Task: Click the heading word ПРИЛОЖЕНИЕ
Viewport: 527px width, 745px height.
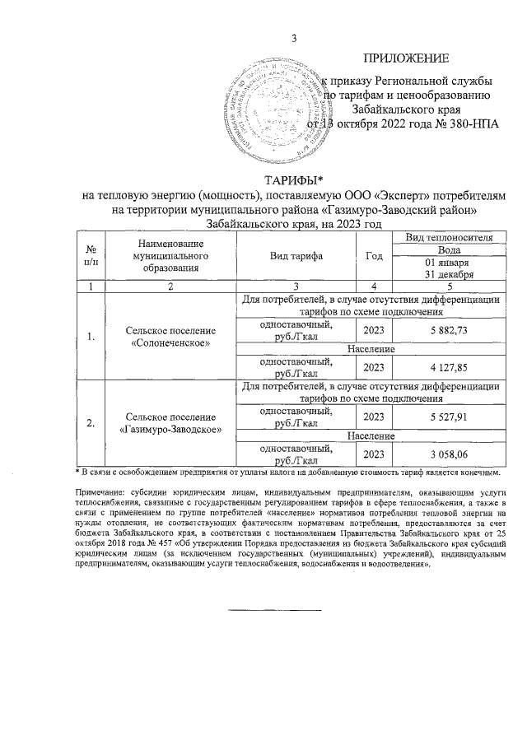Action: (406, 58)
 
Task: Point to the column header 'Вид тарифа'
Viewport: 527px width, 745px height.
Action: (296, 256)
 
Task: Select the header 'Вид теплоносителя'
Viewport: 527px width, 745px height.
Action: (449, 237)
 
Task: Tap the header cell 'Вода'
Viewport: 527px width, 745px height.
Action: (449, 249)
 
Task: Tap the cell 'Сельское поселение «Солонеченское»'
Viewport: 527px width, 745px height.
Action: (170, 336)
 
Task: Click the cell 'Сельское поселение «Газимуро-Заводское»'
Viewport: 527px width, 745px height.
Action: (170, 423)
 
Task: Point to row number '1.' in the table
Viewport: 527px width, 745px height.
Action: (91, 336)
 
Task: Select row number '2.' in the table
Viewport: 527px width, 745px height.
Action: (91, 423)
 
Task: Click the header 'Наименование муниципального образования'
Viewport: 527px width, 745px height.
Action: (170, 256)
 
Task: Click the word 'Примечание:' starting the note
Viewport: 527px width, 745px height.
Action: (101, 492)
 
